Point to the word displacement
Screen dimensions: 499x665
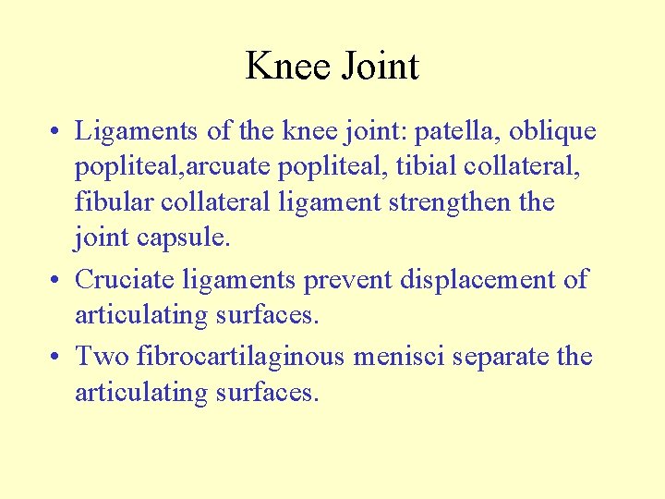(x=479, y=279)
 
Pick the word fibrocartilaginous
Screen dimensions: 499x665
(x=241, y=356)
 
